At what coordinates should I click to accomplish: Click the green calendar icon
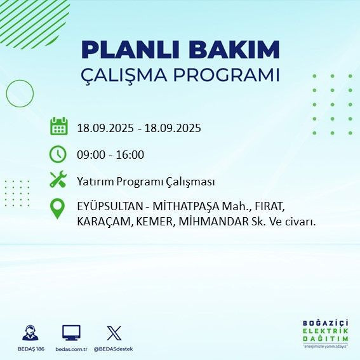(58, 126)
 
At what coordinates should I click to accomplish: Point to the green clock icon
(58, 154)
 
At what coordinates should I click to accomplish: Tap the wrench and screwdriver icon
(58, 180)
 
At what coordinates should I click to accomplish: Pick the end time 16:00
(130, 154)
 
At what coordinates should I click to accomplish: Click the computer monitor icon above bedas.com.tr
(71, 333)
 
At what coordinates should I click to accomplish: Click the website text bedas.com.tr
(71, 349)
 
